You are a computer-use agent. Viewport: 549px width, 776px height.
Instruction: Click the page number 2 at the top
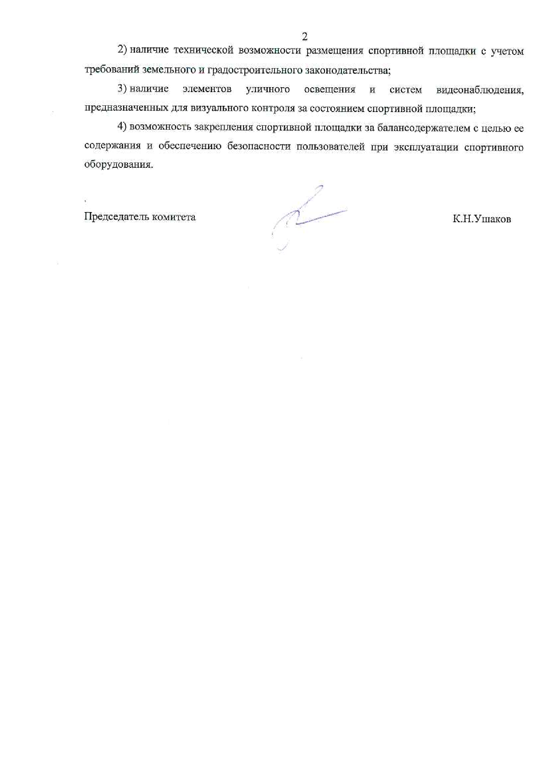304,36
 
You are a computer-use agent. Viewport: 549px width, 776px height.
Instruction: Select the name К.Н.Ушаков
481,219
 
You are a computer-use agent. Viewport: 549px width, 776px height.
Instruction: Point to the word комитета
174,217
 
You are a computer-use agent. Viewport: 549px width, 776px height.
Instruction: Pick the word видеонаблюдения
479,90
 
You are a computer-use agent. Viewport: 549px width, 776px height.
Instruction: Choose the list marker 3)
122,89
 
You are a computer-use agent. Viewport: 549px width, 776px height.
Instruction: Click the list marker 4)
122,127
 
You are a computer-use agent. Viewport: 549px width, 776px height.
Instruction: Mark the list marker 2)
122,50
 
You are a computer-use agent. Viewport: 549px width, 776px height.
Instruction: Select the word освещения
330,90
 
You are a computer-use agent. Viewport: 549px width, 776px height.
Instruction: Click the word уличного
267,89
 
